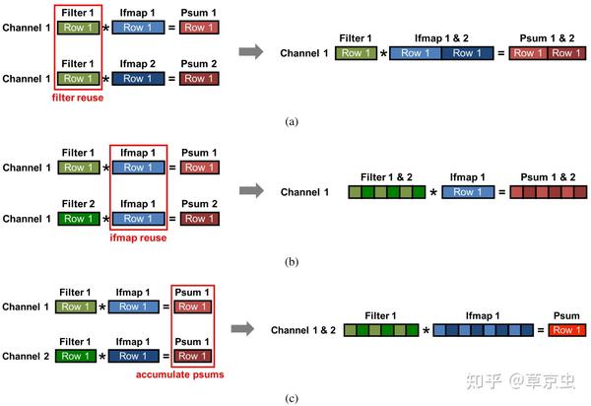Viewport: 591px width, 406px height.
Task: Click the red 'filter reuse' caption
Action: [x=78, y=98]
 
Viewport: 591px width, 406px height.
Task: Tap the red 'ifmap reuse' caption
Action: [x=138, y=237]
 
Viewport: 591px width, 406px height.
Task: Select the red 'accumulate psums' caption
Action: [x=180, y=374]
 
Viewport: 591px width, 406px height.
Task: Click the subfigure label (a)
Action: [x=292, y=122]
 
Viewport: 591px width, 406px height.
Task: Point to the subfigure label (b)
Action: [x=292, y=261]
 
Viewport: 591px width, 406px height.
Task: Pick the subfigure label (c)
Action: [x=292, y=398]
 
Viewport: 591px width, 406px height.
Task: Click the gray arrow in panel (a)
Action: [x=251, y=51]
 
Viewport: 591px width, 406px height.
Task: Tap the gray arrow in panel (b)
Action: [x=251, y=191]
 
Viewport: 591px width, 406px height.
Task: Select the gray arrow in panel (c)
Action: [x=242, y=329]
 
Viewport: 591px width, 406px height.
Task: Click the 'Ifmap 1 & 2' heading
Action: [x=441, y=38]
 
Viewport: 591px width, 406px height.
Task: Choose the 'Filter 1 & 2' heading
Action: [x=386, y=177]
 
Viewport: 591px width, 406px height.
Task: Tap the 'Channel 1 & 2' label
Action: [x=303, y=330]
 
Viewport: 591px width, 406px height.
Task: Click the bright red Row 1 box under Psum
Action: [x=567, y=330]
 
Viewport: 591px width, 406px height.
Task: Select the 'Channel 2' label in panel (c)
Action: [x=26, y=357]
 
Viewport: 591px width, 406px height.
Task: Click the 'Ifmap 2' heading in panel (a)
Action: [x=138, y=64]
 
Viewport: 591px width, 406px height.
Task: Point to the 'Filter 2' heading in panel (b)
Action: [x=78, y=204]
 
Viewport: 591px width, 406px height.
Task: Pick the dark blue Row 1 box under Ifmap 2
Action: [x=138, y=79]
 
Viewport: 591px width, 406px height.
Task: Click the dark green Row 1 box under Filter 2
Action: [x=79, y=219]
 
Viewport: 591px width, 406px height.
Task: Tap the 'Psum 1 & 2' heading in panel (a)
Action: [x=547, y=38]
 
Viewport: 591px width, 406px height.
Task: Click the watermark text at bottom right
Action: [x=520, y=381]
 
